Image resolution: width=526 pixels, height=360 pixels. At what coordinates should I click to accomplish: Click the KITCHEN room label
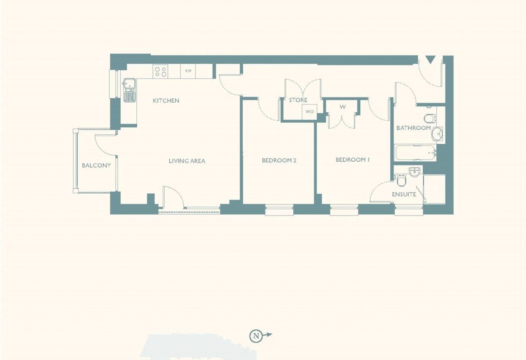pyautogui.click(x=166, y=101)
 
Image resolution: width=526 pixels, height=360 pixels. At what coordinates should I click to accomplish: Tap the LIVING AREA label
pyautogui.click(x=187, y=161)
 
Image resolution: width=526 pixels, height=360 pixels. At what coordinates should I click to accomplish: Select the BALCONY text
pyautogui.click(x=96, y=166)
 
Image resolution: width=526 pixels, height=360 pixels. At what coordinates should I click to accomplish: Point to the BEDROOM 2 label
pyautogui.click(x=279, y=161)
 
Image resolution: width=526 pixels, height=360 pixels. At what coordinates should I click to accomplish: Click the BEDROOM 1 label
pyautogui.click(x=353, y=160)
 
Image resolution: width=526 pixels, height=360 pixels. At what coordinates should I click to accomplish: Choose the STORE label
pyautogui.click(x=298, y=100)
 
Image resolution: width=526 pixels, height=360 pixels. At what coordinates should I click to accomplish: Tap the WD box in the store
pyautogui.click(x=309, y=112)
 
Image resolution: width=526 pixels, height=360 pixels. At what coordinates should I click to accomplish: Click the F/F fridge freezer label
pyautogui.click(x=188, y=71)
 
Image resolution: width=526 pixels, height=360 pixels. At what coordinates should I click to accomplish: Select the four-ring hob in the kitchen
pyautogui.click(x=160, y=71)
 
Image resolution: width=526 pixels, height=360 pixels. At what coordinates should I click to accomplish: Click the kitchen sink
pyautogui.click(x=129, y=90)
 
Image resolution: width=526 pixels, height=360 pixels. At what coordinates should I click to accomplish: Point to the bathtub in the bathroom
pyautogui.click(x=415, y=153)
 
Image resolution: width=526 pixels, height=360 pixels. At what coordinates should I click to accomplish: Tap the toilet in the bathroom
pyautogui.click(x=430, y=118)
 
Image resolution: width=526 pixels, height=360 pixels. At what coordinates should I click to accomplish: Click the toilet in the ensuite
pyautogui.click(x=400, y=180)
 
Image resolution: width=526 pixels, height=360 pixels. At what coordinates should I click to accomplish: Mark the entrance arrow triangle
pyautogui.click(x=431, y=60)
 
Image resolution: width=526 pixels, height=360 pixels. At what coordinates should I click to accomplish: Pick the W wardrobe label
pyautogui.click(x=343, y=107)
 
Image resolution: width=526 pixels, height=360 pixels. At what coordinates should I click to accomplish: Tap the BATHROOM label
pyautogui.click(x=414, y=128)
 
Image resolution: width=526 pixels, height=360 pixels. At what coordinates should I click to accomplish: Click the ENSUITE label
pyautogui.click(x=404, y=194)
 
